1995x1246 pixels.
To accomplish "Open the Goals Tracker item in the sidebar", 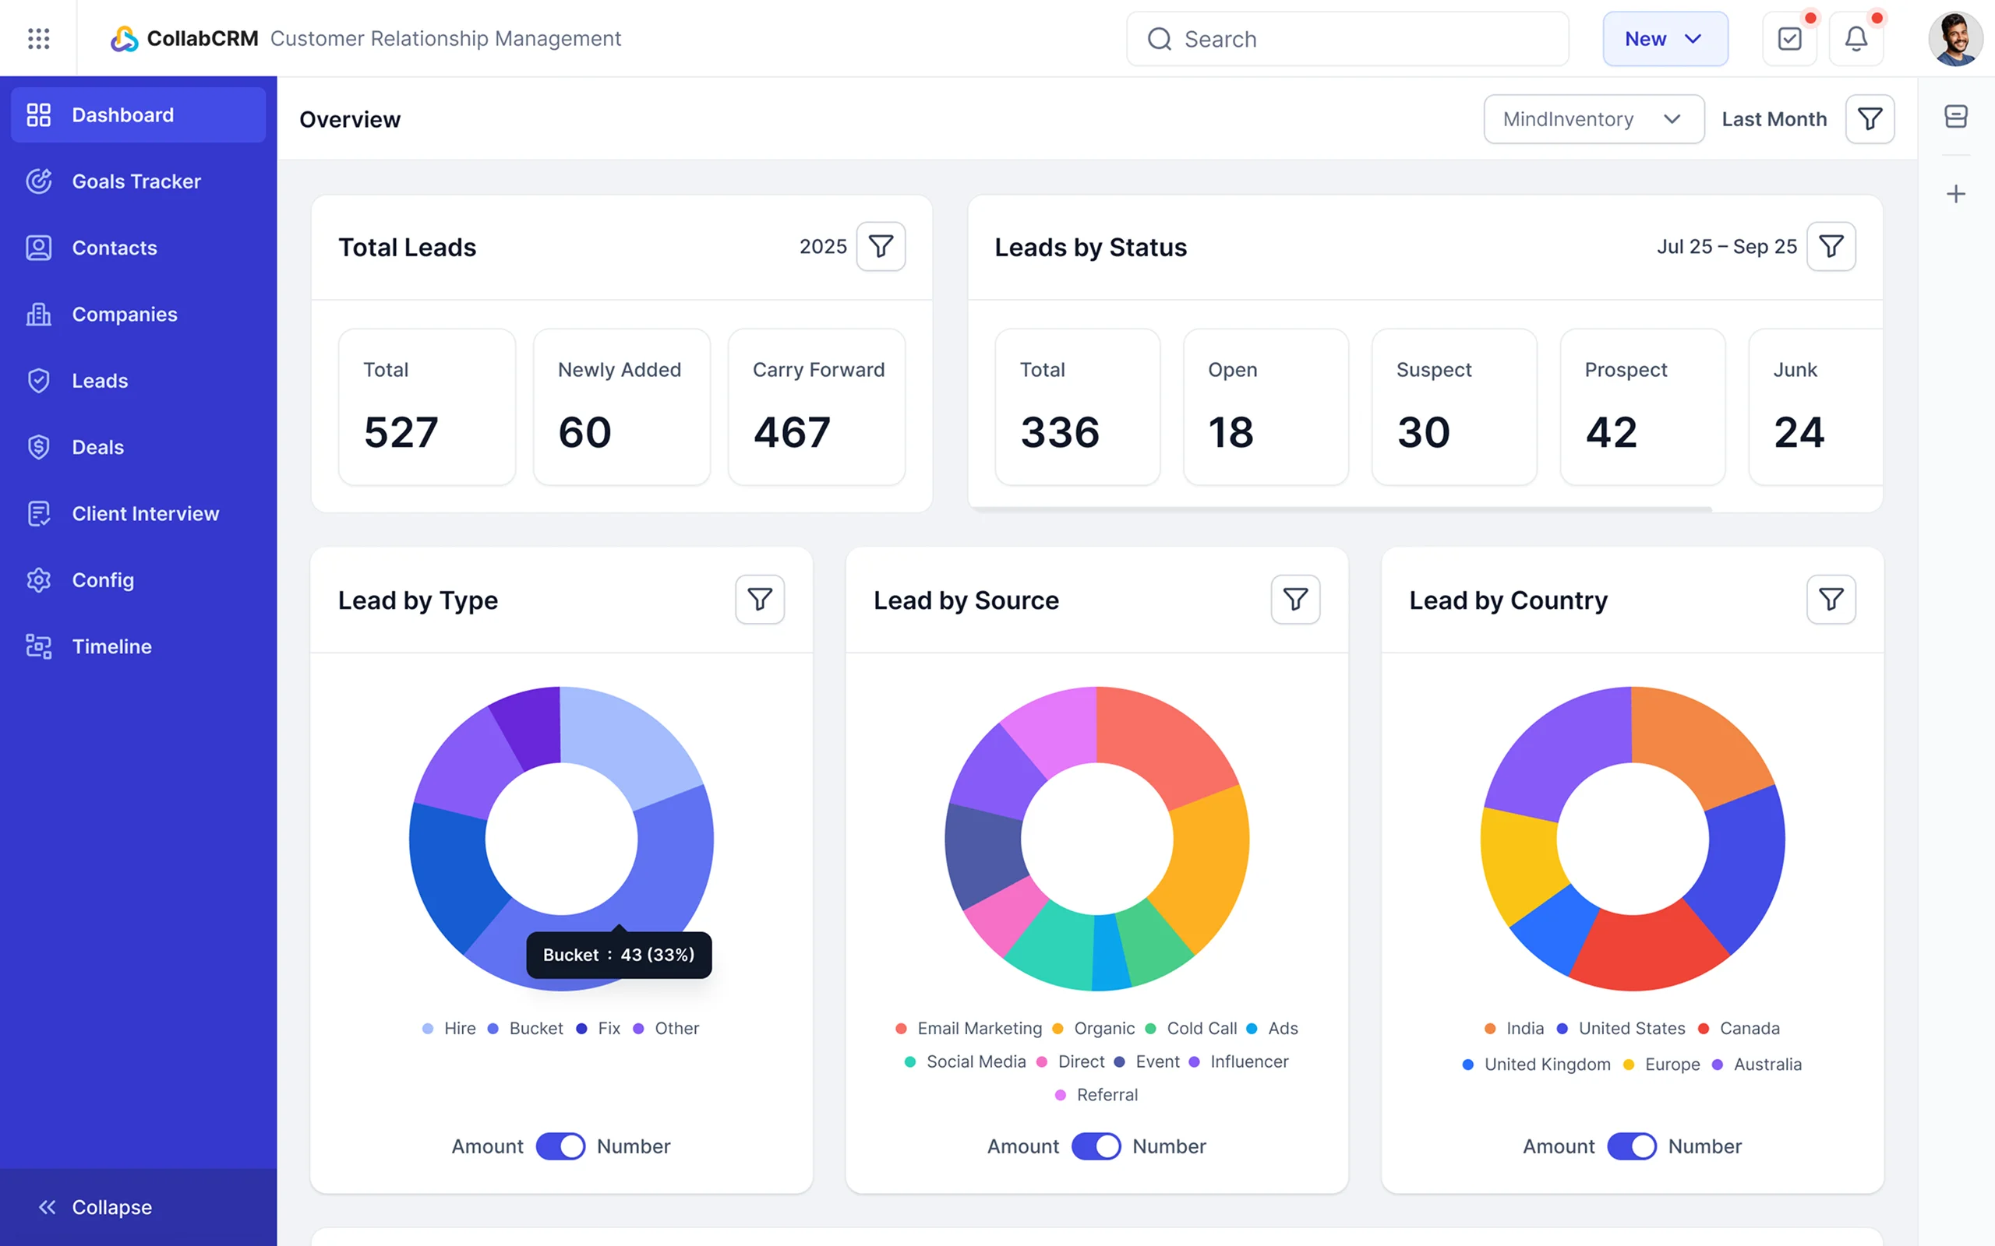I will (136, 181).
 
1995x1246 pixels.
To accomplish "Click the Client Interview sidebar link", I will (145, 513).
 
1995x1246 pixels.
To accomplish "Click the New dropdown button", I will (1665, 39).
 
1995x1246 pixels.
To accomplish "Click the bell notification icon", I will (1856, 39).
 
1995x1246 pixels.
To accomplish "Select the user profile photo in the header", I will (1954, 39).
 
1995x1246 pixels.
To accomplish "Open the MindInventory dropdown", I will (1593, 119).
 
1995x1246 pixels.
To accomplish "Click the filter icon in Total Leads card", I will (881, 246).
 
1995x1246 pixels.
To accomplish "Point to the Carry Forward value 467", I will (792, 433).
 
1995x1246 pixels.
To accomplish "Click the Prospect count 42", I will (1611, 433).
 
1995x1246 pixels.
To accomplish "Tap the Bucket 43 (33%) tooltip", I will (618, 955).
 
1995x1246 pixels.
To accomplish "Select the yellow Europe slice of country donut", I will (1519, 865).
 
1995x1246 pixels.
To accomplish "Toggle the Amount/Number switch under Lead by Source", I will (1096, 1146).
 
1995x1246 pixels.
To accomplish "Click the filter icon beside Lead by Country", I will (1830, 599).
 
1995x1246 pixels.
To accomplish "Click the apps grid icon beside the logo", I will (39, 39).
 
